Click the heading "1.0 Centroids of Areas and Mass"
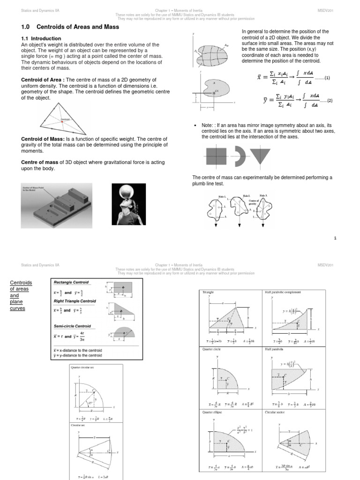click(70, 27)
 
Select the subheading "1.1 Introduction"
click(41, 38)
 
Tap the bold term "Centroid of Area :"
click(44, 80)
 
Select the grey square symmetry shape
click(216, 155)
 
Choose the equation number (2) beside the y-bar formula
click(329, 101)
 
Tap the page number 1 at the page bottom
click(335, 239)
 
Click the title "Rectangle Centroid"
click(71, 282)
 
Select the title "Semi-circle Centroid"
click(72, 326)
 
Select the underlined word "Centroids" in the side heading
click(21, 283)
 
